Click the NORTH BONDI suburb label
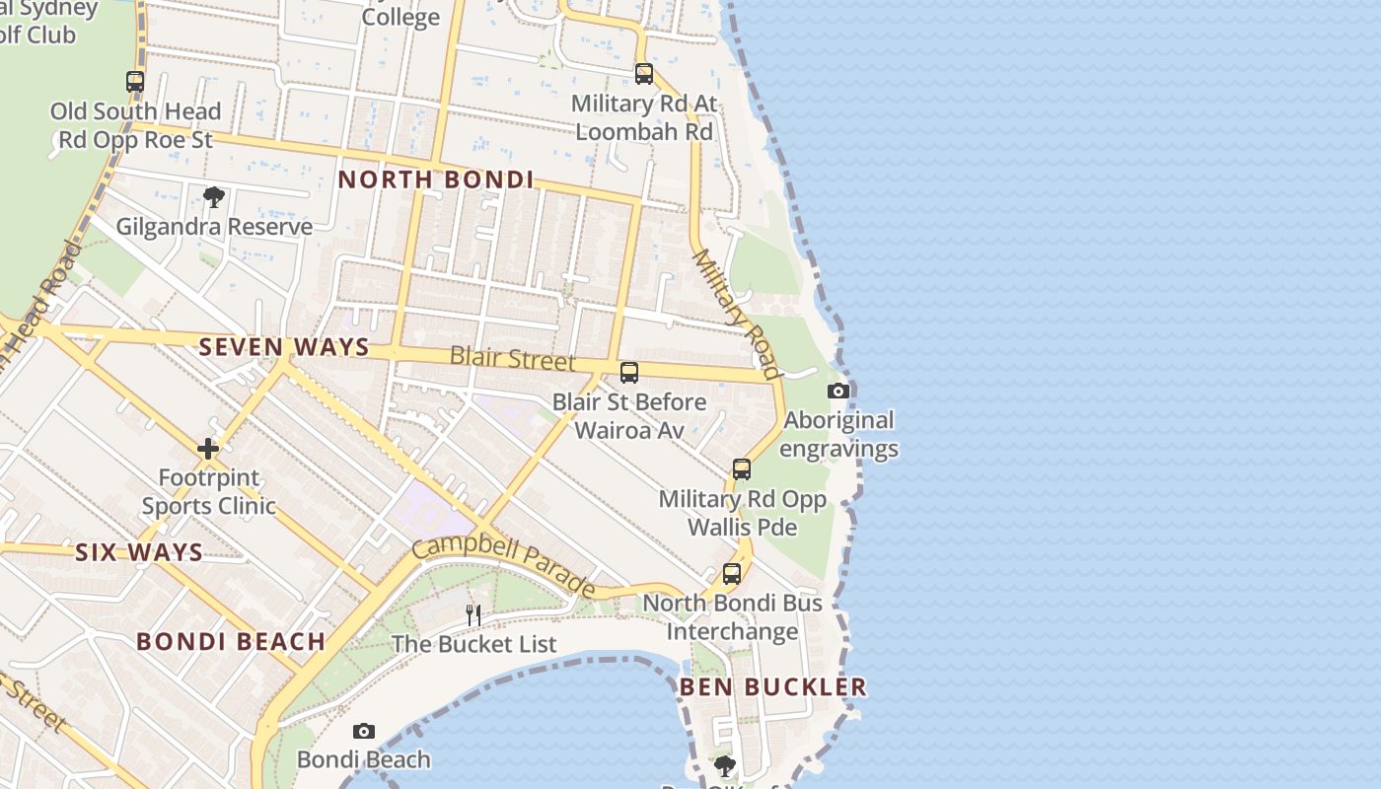(x=435, y=179)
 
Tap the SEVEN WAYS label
(x=284, y=347)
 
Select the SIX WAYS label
(x=139, y=552)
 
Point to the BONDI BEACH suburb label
(x=231, y=641)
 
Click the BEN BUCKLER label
(x=772, y=686)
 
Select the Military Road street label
(x=736, y=313)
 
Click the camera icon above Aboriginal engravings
(x=838, y=391)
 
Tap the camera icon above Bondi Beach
(x=364, y=731)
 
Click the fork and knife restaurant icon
(x=473, y=615)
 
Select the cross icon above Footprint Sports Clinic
(x=208, y=449)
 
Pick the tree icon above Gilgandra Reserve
(x=214, y=197)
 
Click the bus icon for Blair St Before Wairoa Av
(x=628, y=373)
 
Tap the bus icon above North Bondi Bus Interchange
(x=732, y=573)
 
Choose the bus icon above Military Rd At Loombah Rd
(x=644, y=74)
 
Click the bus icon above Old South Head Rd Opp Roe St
(x=135, y=82)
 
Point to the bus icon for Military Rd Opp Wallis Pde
(x=742, y=469)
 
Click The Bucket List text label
(x=473, y=644)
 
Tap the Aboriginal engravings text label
(x=838, y=434)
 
